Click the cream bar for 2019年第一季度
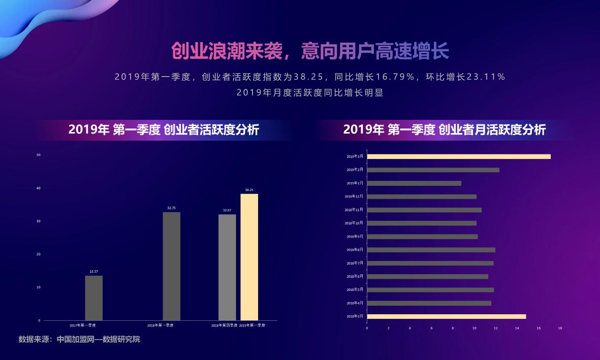point(249,257)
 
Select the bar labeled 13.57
point(93,298)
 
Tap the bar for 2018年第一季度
point(171,266)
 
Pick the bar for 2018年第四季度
point(227,267)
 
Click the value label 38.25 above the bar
point(249,190)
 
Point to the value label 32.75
point(171,208)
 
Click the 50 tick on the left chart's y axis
point(39,155)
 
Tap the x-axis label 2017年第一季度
point(83,325)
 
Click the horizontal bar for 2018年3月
point(446,316)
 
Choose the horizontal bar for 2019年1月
point(414,183)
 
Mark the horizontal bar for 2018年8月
point(431,250)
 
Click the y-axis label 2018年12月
point(354,197)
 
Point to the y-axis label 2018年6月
point(355,277)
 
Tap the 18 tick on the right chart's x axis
point(560,328)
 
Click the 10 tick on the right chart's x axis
point(474,328)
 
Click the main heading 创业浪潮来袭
point(225,51)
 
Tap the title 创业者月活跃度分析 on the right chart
point(492,130)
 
